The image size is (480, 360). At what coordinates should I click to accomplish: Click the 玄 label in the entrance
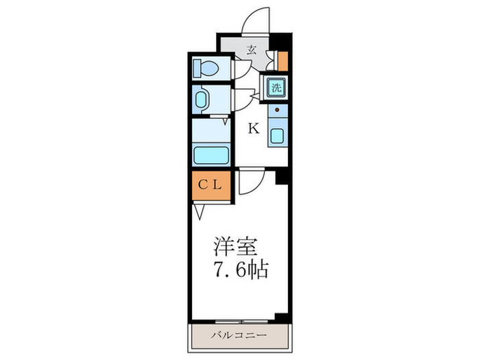[x=252, y=49]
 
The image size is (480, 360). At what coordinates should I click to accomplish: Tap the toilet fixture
[x=204, y=67]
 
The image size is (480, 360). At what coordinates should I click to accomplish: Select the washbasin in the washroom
[x=202, y=100]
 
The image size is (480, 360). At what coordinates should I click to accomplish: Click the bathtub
[x=212, y=154]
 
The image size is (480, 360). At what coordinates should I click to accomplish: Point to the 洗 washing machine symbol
[x=276, y=87]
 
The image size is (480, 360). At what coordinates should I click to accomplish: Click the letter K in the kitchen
[x=253, y=128]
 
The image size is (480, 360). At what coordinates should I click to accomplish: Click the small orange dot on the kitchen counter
[x=277, y=110]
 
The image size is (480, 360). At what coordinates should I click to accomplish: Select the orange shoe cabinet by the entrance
[x=283, y=61]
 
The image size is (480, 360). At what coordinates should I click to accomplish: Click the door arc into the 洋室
[x=252, y=182]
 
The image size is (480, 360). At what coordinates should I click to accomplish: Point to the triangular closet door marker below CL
[x=198, y=211]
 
